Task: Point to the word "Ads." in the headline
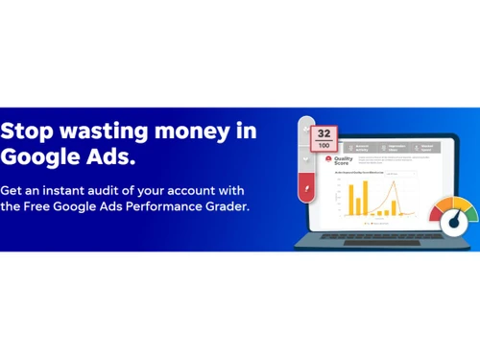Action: click(x=110, y=156)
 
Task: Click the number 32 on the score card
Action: click(x=324, y=133)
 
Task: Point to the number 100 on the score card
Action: click(x=324, y=146)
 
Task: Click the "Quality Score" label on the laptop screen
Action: click(x=344, y=160)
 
